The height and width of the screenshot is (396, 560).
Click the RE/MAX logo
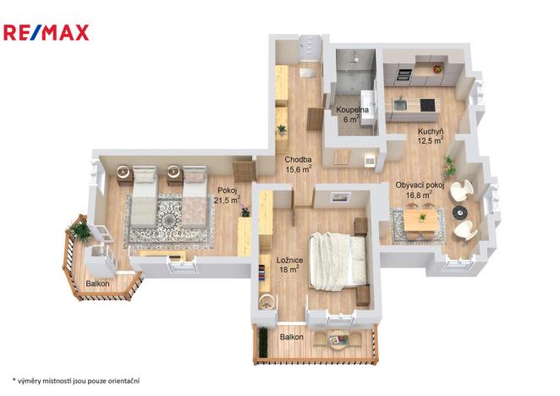tap(47, 33)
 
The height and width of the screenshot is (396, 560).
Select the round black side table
tap(459, 211)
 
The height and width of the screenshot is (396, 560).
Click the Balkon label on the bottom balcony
tap(291, 338)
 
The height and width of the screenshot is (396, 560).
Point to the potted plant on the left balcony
tap(80, 230)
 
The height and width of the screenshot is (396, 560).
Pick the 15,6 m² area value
tap(299, 170)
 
